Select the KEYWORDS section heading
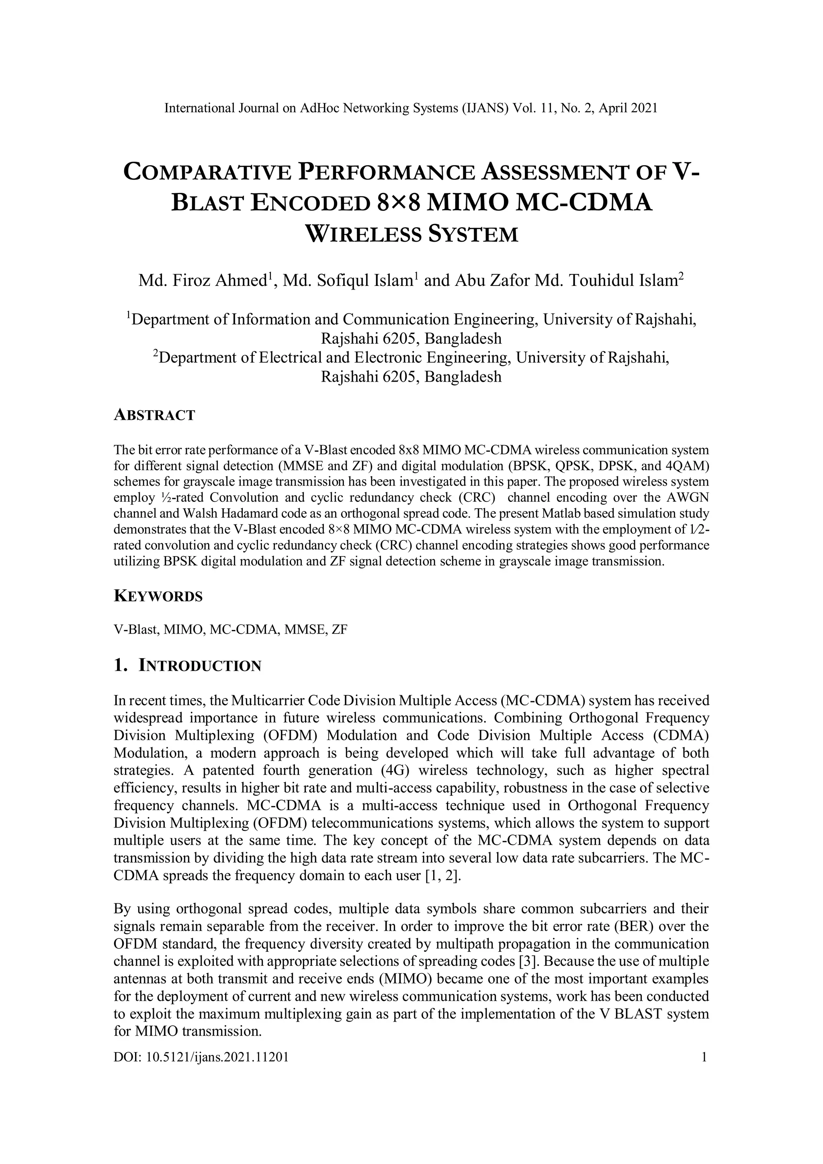(158, 596)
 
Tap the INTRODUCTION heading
(200, 666)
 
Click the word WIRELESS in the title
(361, 234)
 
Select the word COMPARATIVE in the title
(207, 172)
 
